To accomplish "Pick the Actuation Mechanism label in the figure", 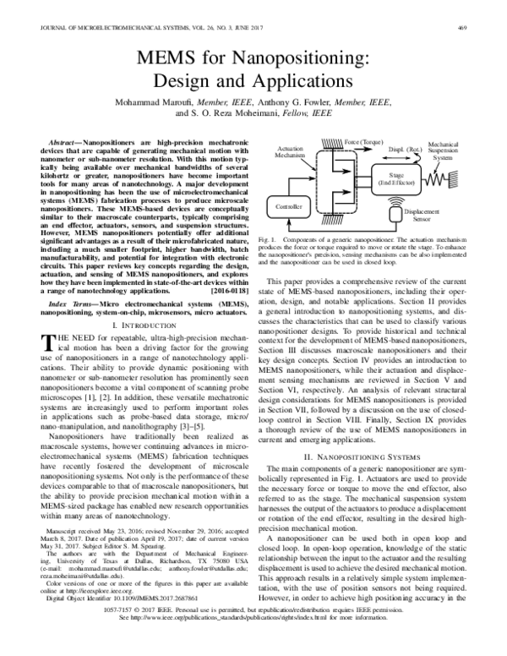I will [x=290, y=151].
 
